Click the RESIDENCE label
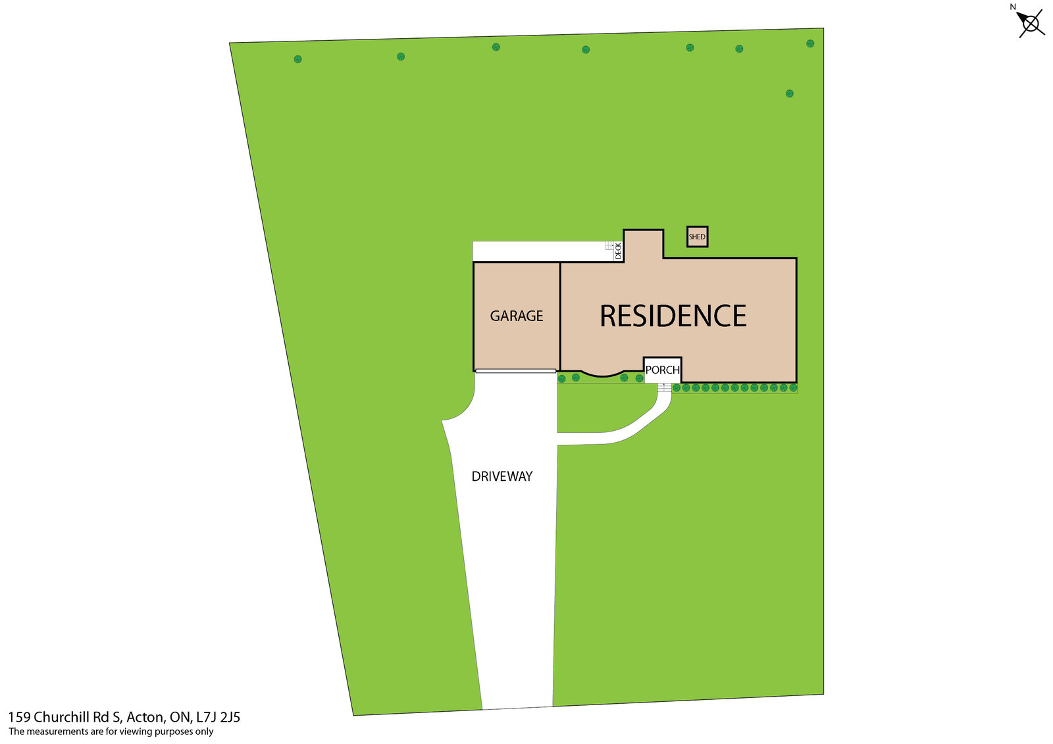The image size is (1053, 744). pyautogui.click(x=673, y=316)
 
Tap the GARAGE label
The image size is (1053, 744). pyautogui.click(x=517, y=316)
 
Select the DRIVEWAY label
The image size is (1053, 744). pyautogui.click(x=501, y=476)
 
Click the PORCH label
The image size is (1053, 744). pyautogui.click(x=662, y=370)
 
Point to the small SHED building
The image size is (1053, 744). pyautogui.click(x=697, y=237)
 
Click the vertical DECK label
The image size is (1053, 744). pyautogui.click(x=618, y=250)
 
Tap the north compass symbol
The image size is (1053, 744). pyautogui.click(x=1031, y=24)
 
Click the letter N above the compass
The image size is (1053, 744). pyautogui.click(x=1013, y=7)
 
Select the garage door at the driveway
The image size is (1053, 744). pyautogui.click(x=515, y=371)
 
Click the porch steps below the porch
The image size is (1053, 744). pyautogui.click(x=664, y=387)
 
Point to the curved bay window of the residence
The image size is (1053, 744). pyautogui.click(x=602, y=375)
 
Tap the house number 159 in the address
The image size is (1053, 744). pyautogui.click(x=18, y=717)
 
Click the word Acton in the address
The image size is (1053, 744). pyautogui.click(x=144, y=717)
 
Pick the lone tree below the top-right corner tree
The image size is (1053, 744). pyautogui.click(x=789, y=93)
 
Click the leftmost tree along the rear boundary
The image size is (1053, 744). pyautogui.click(x=297, y=59)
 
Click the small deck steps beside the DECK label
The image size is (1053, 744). pyautogui.click(x=609, y=245)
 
